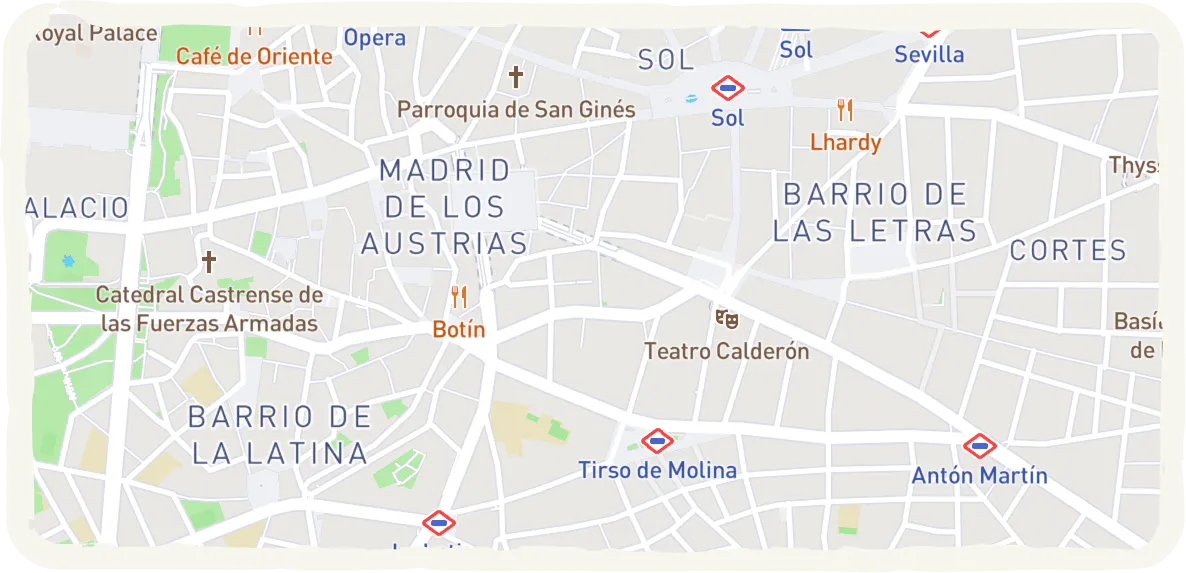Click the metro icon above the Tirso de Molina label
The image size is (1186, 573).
click(x=657, y=440)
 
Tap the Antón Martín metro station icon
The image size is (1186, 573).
click(x=979, y=446)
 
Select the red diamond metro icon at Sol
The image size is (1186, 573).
click(x=728, y=89)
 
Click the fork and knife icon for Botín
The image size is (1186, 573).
click(x=459, y=297)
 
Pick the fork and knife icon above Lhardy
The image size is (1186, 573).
click(x=846, y=110)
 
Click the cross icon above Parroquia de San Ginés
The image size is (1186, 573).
click(x=516, y=77)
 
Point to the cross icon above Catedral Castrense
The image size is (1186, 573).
click(x=209, y=262)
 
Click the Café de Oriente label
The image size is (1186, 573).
click(x=254, y=56)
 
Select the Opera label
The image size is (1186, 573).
click(x=375, y=38)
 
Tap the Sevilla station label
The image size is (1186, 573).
click(x=929, y=54)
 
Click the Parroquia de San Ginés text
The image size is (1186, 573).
click(x=516, y=109)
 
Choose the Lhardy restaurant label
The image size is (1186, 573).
click(x=846, y=142)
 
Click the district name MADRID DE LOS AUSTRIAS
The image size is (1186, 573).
click(x=445, y=207)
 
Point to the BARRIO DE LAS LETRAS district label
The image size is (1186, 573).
click(x=875, y=212)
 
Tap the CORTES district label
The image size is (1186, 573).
click(x=1068, y=250)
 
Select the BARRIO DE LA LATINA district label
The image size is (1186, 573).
click(x=280, y=435)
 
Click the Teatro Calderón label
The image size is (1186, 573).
click(x=727, y=351)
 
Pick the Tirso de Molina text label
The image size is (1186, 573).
click(x=657, y=470)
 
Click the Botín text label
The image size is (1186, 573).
click(x=459, y=329)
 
